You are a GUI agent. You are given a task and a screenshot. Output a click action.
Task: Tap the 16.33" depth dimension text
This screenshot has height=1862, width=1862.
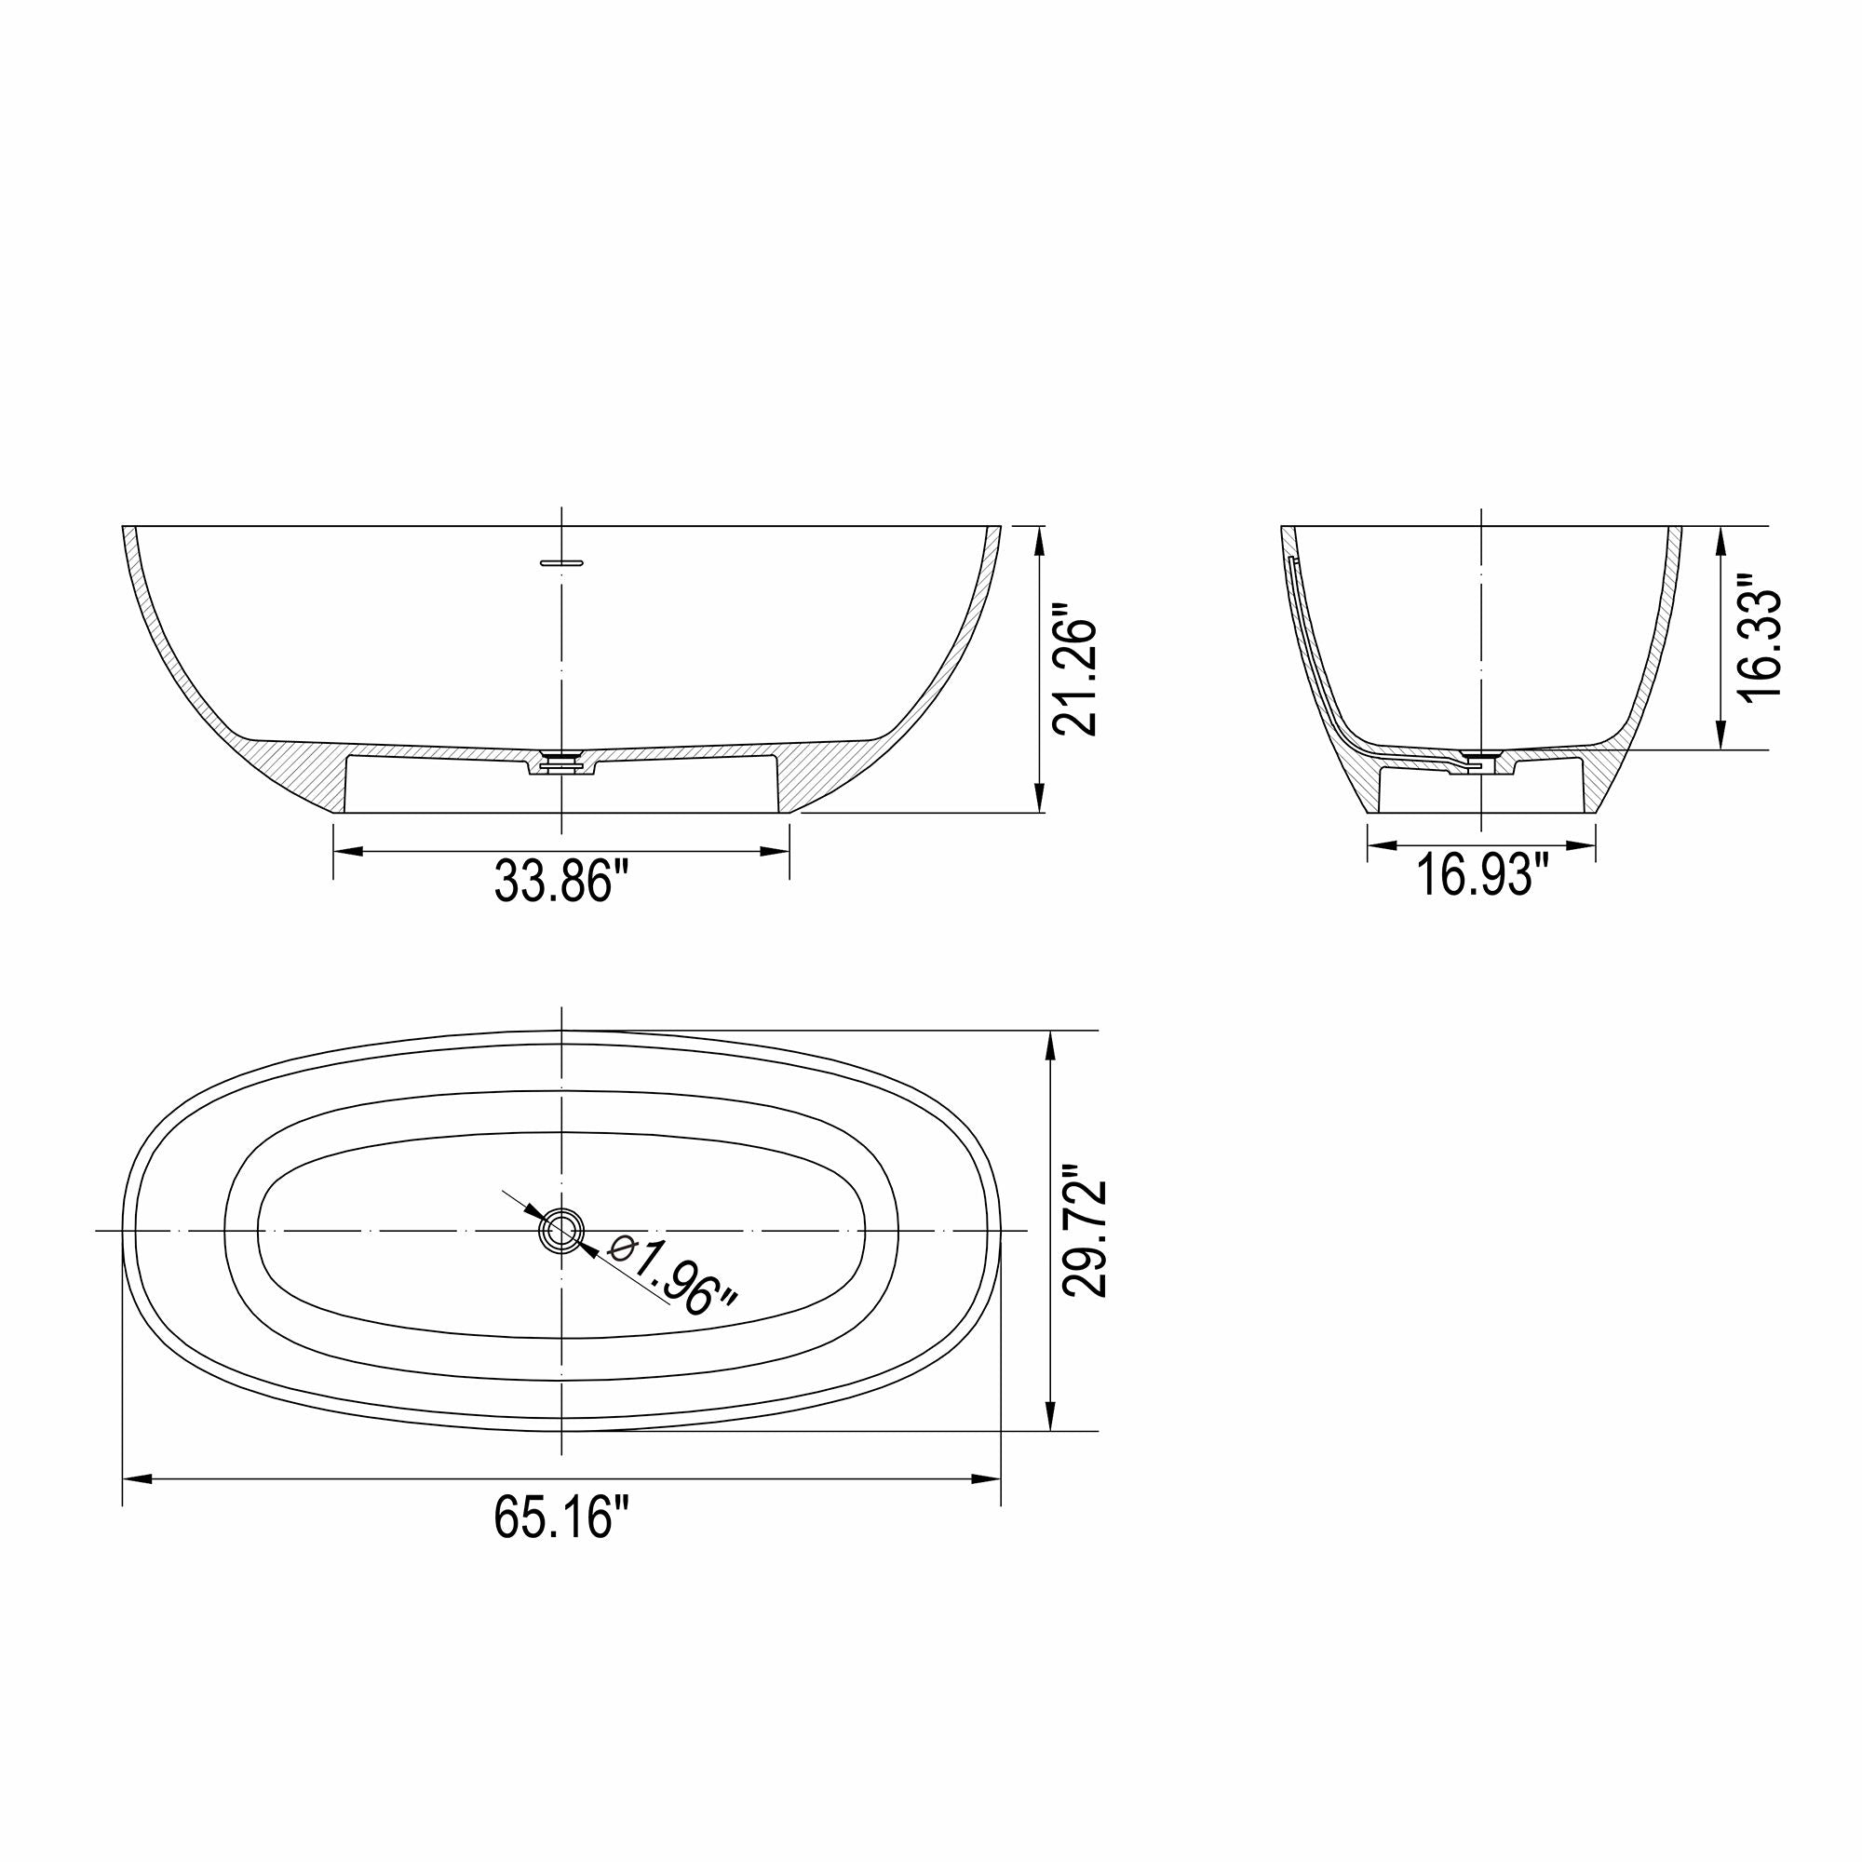point(1758,639)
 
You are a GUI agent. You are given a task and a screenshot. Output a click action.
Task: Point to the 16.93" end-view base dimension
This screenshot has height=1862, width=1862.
point(1480,876)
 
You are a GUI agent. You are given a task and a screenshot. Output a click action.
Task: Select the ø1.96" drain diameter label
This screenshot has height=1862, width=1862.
point(673,1279)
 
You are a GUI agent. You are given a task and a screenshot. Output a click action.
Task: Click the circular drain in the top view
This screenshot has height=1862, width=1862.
point(560,1231)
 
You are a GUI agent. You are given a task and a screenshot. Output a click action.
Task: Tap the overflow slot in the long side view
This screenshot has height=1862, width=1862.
point(562,560)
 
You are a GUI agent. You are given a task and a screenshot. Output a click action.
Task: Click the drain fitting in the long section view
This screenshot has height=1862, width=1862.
point(562,762)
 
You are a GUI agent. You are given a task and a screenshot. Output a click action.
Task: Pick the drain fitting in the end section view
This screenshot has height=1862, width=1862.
point(1477,759)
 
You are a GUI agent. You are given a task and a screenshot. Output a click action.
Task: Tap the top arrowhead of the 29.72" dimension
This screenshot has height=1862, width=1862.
point(1050,1046)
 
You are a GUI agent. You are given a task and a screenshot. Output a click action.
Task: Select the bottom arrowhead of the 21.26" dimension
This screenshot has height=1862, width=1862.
point(1039,798)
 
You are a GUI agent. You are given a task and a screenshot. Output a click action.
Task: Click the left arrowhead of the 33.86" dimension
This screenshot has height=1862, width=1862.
point(348,851)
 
